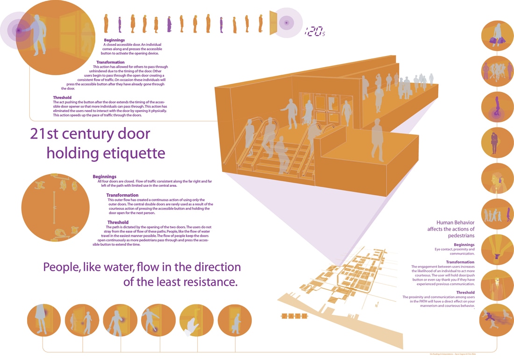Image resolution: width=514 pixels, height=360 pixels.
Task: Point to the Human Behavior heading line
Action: click(455, 222)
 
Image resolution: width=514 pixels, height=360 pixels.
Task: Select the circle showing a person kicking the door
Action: click(158, 321)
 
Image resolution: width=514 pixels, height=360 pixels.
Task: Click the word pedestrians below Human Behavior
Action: click(460, 236)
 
